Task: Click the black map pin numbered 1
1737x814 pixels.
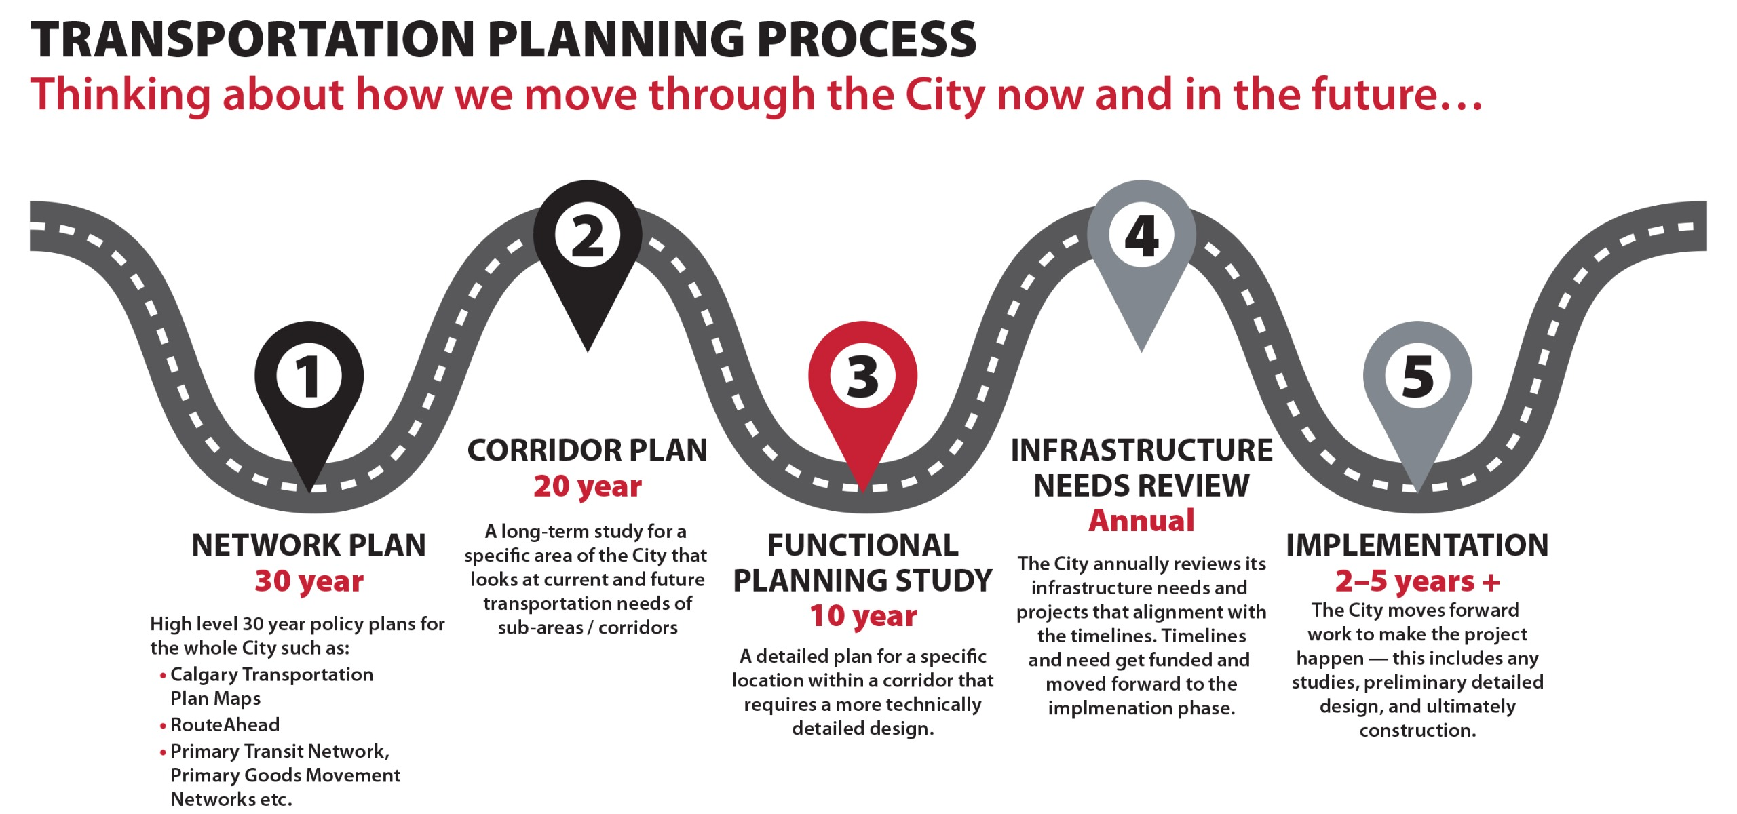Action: (309, 393)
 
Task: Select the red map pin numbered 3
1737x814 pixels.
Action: (863, 393)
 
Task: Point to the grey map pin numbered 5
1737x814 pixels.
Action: (1417, 393)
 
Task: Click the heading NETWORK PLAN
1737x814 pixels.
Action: (309, 545)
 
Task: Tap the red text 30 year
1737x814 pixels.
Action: (309, 581)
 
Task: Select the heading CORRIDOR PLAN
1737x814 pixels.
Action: (588, 450)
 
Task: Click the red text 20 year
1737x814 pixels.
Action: (588, 486)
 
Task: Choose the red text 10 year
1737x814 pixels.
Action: (863, 616)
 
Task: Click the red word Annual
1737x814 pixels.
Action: (1141, 521)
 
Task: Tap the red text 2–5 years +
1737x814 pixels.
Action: (1417, 581)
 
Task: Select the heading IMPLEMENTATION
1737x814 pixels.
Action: (1417, 545)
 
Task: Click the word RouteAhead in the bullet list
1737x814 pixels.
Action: (225, 724)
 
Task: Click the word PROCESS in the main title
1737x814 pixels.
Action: (866, 39)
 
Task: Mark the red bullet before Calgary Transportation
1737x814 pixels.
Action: (163, 676)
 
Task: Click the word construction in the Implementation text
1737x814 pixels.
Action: (1417, 731)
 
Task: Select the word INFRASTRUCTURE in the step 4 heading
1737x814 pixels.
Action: (1141, 450)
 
